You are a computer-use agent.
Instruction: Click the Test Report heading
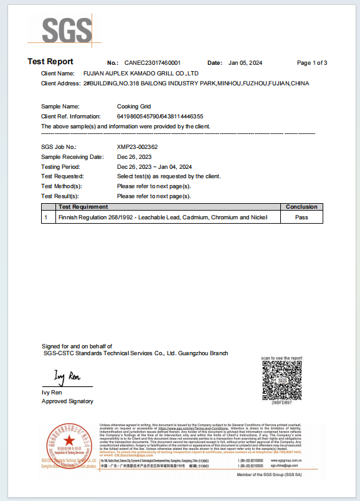point(50,62)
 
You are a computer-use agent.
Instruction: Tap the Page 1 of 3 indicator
point(311,63)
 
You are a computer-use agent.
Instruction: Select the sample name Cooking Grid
point(134,107)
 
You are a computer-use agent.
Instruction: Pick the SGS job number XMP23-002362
point(137,147)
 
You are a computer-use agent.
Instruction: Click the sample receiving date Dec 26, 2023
point(135,157)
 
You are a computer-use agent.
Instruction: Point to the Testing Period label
point(60,167)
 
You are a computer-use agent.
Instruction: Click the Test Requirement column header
point(83,207)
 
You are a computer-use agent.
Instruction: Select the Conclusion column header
point(301,207)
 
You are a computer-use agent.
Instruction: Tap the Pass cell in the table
point(301,217)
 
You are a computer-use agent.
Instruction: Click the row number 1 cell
point(46,217)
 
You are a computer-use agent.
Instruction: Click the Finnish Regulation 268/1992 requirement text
point(162,217)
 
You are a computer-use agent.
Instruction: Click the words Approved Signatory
point(67,401)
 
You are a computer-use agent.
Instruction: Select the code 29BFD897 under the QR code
point(282,404)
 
